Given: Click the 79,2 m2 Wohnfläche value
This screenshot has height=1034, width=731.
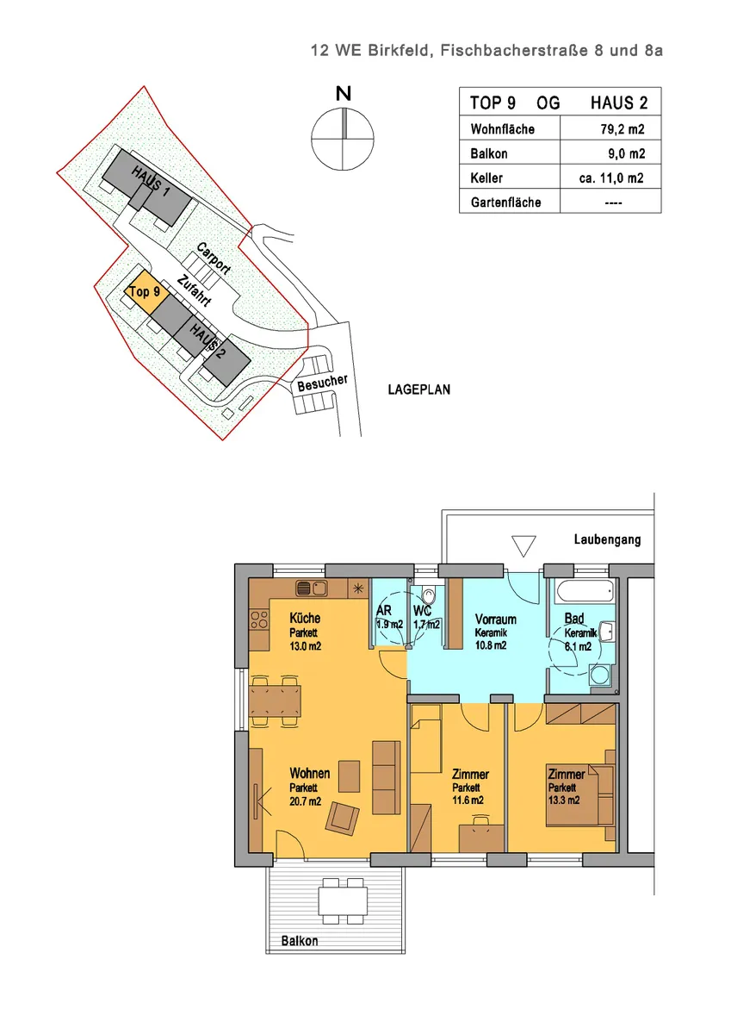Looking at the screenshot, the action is (x=623, y=128).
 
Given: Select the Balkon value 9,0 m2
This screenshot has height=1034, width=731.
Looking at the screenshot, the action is (x=626, y=153).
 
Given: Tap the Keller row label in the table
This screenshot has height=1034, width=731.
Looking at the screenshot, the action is (x=486, y=178).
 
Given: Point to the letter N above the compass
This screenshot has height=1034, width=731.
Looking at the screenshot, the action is (x=344, y=94).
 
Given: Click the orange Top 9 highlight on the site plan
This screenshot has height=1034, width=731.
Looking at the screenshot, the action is (x=144, y=291).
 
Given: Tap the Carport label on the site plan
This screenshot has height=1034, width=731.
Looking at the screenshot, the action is (x=214, y=258).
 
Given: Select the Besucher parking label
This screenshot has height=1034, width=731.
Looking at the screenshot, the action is (x=322, y=383).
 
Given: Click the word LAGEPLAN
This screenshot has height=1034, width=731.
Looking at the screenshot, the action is (x=418, y=389).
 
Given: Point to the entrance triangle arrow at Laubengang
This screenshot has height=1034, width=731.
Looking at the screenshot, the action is (x=523, y=546).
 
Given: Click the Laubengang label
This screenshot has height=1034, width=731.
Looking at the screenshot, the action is (x=607, y=539).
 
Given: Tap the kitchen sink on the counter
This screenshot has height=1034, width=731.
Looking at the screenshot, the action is (x=312, y=589).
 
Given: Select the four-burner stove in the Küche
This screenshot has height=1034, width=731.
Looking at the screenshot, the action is (x=259, y=619).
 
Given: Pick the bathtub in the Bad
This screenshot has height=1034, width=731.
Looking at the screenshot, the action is (x=585, y=591).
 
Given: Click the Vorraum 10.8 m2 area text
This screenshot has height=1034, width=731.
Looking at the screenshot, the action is (x=491, y=645).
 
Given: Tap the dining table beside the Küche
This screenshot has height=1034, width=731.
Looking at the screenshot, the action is (x=275, y=701).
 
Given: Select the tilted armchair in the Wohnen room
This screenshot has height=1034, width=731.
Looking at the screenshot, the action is (x=342, y=819).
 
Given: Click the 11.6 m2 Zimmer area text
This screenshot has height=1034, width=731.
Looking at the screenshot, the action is (x=468, y=800).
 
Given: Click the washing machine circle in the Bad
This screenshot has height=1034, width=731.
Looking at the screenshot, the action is (x=601, y=675).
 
